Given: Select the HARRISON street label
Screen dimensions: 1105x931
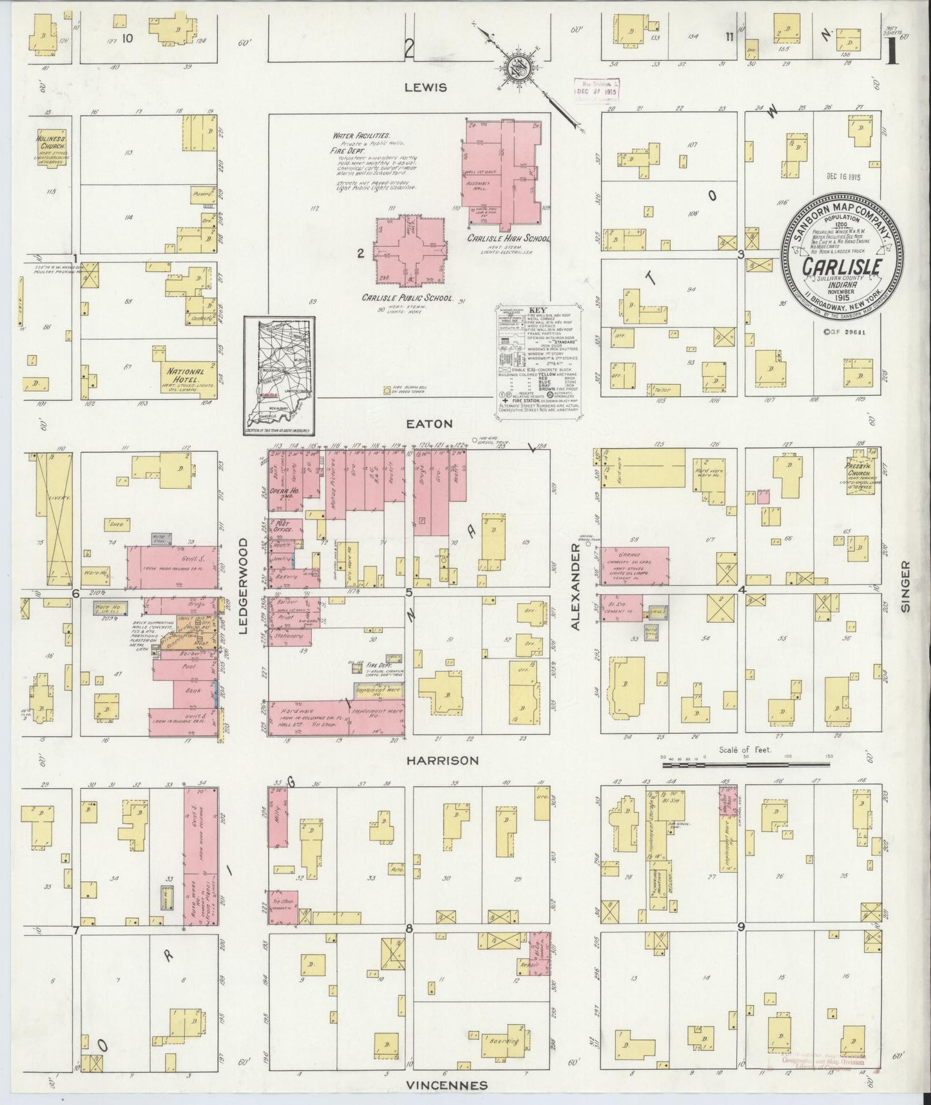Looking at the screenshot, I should tap(442, 760).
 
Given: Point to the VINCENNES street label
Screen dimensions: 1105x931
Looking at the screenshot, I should tap(446, 1085).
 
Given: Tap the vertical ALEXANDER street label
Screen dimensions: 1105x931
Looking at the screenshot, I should tap(575, 586).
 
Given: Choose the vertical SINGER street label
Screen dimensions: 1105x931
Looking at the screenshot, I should tap(905, 585).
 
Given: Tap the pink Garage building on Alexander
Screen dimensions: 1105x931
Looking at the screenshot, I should tap(634, 565).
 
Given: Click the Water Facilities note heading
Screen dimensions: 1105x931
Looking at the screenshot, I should tap(361, 137).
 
